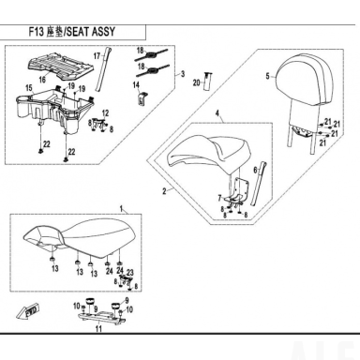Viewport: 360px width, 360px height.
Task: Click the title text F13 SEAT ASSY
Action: (x=72, y=32)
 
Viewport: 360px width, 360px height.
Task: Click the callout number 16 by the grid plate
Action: (x=42, y=80)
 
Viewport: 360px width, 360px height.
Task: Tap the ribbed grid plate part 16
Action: (x=61, y=65)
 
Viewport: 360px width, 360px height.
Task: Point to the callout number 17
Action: (x=97, y=56)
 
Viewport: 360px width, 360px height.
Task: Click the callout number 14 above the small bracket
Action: (x=136, y=85)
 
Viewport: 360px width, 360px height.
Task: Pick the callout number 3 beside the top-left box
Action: (x=183, y=74)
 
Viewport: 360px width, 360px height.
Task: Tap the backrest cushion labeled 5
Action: (x=300, y=80)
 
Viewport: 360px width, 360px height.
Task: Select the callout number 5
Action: (x=267, y=76)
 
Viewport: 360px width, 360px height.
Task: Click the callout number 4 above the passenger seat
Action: (x=217, y=113)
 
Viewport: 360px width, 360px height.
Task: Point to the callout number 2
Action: (x=164, y=191)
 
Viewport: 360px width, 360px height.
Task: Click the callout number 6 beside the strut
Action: (x=255, y=170)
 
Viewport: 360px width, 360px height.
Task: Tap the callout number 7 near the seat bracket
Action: (x=219, y=198)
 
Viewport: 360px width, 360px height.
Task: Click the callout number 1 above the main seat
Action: (x=122, y=208)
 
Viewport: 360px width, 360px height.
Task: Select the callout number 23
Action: (x=130, y=273)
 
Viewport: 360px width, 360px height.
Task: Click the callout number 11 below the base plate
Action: (x=98, y=329)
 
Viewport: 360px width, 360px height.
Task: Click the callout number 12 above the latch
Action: (x=105, y=113)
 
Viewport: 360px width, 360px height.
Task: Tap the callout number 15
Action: (x=29, y=88)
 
